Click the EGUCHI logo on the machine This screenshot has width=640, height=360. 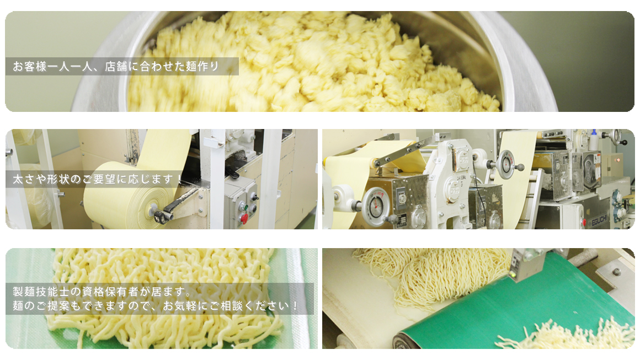pyautogui.click(x=599, y=222)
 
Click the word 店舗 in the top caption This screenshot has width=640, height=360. pyautogui.click(x=116, y=67)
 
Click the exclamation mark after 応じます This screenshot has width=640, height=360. pyautogui.click(x=179, y=179)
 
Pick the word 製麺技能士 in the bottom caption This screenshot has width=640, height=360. pyautogui.click(x=41, y=292)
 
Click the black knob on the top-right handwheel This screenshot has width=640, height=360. pyautogui.click(x=624, y=143)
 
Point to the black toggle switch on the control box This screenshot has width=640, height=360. pyautogui.click(x=255, y=197)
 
